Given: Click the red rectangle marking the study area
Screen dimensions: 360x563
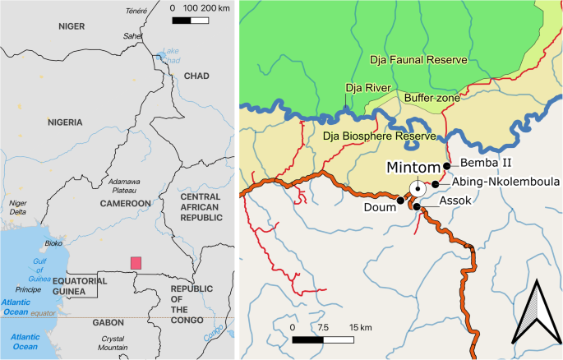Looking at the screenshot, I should click(x=136, y=262).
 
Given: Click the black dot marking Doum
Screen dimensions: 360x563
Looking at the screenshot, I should click(x=400, y=200).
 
